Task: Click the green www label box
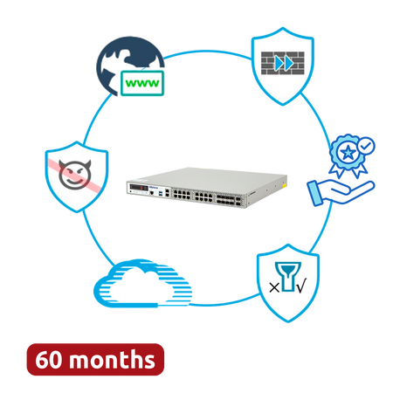(142, 83)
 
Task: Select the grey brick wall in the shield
(283, 63)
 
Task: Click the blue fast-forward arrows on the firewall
(283, 63)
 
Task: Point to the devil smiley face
(75, 175)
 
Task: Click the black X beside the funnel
(274, 288)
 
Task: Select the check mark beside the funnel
(301, 286)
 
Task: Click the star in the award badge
(348, 152)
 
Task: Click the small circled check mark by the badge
(367, 145)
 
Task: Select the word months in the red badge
(112, 360)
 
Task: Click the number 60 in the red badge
(50, 360)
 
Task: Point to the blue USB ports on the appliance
(161, 192)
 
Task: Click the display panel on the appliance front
(139, 188)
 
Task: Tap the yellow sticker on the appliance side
(284, 185)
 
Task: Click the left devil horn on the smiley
(62, 163)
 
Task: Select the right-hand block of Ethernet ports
(203, 196)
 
